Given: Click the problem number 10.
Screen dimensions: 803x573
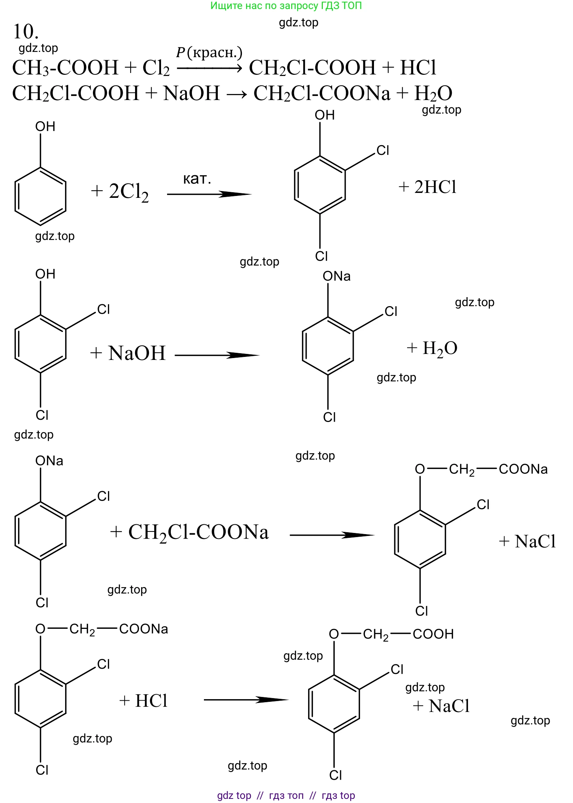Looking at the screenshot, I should (26, 32).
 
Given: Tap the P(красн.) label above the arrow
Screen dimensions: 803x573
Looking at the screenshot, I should (209, 53).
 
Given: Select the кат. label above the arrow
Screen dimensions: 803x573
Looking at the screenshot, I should (197, 179).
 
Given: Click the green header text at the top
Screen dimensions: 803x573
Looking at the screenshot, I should (286, 6).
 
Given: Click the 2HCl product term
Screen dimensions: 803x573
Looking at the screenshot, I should (435, 187).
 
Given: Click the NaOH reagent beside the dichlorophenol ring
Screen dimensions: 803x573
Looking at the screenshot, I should (137, 353).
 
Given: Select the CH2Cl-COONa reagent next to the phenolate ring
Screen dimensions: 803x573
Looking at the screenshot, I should (199, 532).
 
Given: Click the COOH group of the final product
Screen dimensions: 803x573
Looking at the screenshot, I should (433, 634).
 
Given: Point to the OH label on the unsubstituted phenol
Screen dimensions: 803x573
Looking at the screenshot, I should (45, 127).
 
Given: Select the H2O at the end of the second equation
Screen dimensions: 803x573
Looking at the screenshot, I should (433, 94).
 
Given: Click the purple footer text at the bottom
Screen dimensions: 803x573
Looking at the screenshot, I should (286, 795).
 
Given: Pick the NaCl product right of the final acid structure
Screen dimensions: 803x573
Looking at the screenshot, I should (449, 706).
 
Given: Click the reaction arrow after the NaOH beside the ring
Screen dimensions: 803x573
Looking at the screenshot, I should (217, 355).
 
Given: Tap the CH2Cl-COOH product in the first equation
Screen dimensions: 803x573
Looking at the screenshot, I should (312, 68).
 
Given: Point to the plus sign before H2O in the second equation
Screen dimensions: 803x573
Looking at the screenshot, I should (402, 94).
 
